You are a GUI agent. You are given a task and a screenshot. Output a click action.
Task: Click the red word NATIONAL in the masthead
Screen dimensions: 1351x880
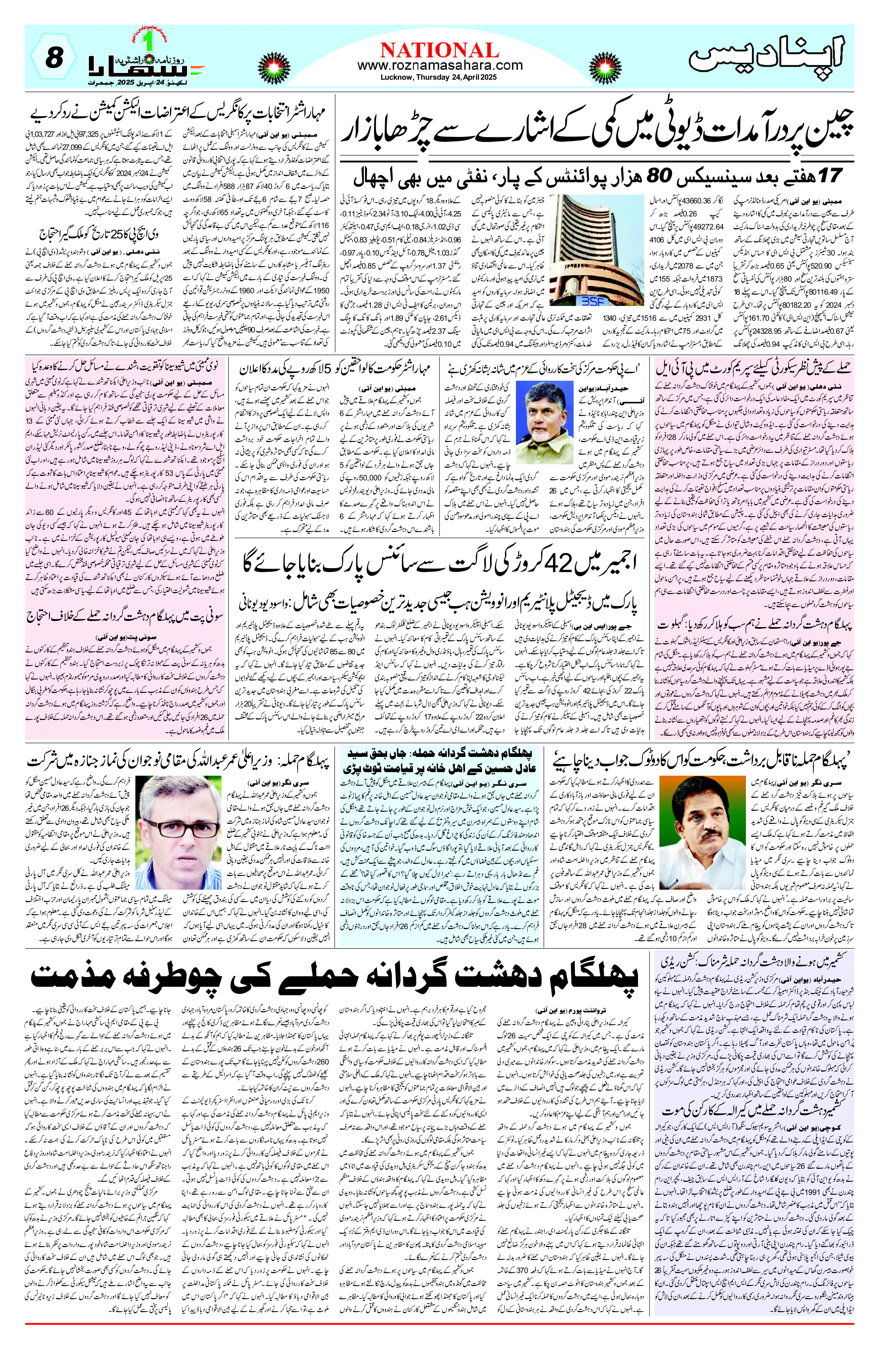pos(440,50)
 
